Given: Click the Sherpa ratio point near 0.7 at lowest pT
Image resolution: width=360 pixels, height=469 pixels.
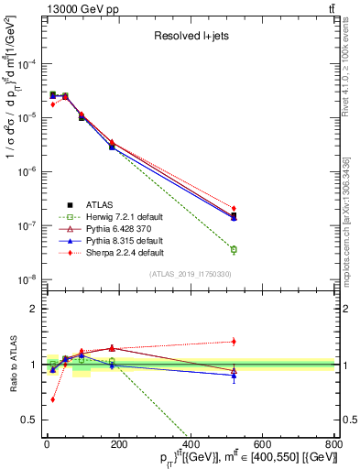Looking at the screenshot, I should pos(52,399).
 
